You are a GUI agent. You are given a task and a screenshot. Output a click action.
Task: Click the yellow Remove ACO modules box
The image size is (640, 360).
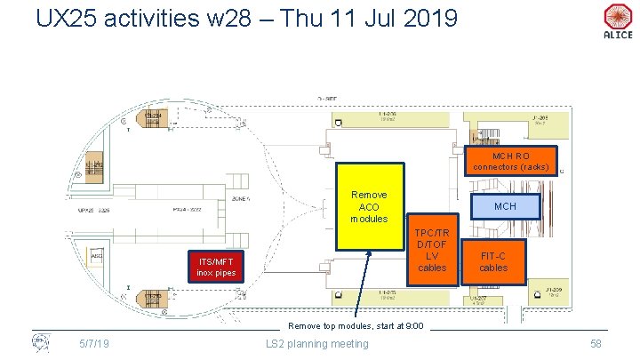point(370,206)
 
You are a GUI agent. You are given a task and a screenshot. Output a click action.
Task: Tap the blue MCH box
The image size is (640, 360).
point(505,206)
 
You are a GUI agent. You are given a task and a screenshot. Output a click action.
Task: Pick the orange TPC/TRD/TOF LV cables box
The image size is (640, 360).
point(433,250)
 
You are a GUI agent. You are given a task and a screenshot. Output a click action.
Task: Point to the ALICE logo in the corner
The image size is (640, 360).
point(617,20)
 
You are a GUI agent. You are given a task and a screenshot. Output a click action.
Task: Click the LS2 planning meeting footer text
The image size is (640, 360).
point(316,343)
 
